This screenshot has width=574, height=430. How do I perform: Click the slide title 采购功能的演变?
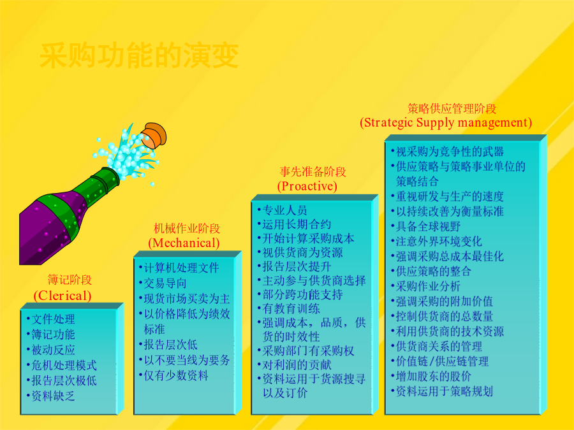click(x=139, y=55)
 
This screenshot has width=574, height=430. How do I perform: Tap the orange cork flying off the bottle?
click(x=154, y=135)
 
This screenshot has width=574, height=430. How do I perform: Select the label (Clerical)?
click(x=63, y=296)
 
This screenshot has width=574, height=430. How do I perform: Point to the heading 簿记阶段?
click(x=70, y=280)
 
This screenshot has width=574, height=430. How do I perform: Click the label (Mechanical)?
click(x=184, y=243)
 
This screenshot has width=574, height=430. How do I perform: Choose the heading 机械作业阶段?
click(x=187, y=229)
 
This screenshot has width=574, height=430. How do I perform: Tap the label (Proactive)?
click(x=307, y=186)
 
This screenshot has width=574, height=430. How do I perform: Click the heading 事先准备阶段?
click(x=313, y=171)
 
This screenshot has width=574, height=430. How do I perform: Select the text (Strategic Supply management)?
click(x=446, y=122)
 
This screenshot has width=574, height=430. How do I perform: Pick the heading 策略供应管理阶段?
click(x=452, y=108)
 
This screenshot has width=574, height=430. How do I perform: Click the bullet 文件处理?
click(x=53, y=319)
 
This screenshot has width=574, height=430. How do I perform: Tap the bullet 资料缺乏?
click(x=53, y=396)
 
